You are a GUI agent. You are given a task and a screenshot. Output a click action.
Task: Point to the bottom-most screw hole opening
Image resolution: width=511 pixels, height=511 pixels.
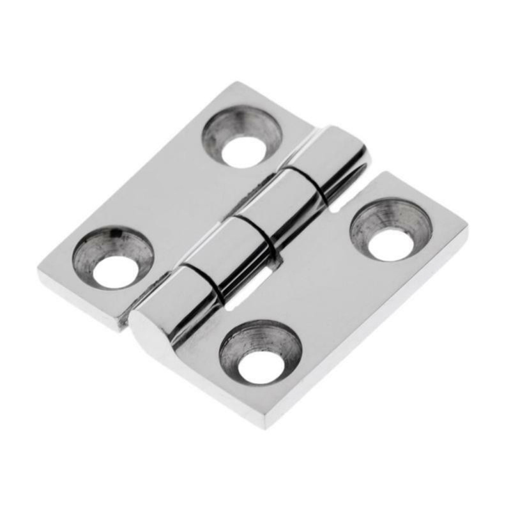[x=261, y=367]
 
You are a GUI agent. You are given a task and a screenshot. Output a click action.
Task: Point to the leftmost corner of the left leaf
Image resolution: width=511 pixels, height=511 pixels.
[x=40, y=271]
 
